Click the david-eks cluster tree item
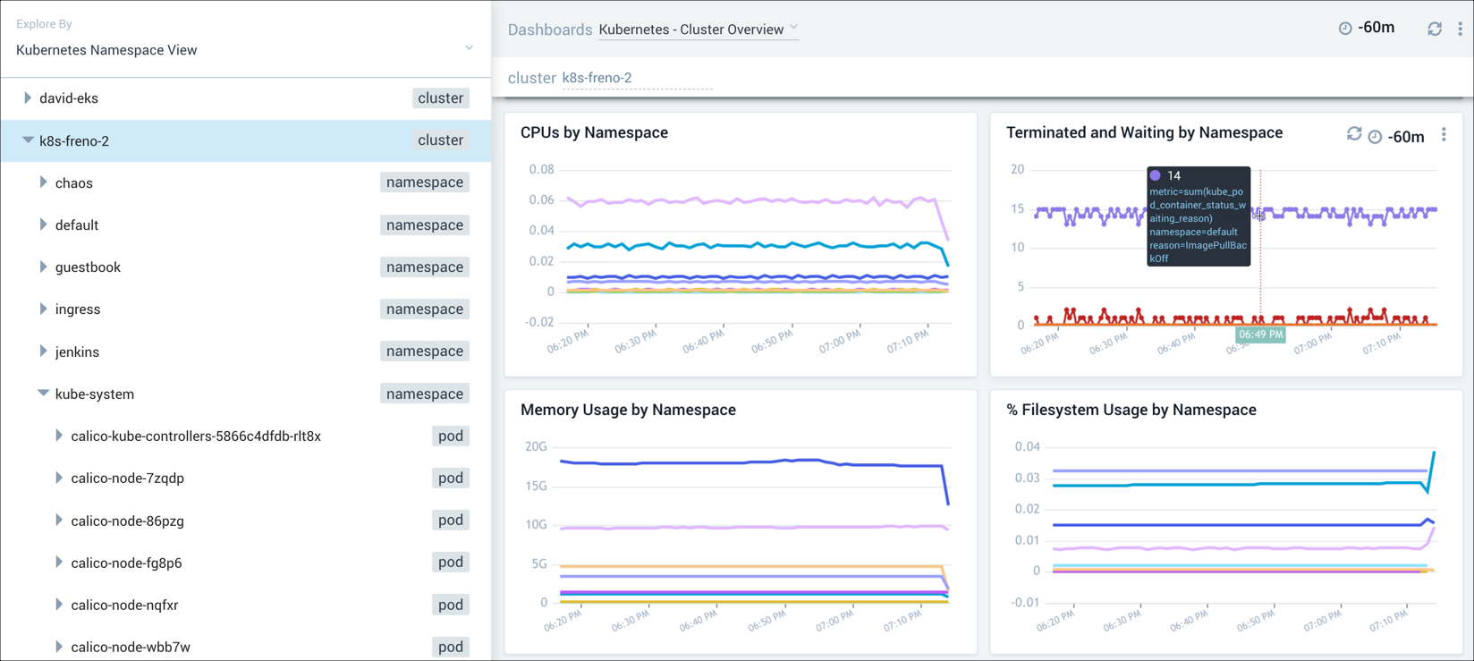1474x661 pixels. pos(69,98)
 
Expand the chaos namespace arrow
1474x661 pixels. pos(43,182)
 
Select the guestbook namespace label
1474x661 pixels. pos(88,267)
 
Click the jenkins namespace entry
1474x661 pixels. pos(77,352)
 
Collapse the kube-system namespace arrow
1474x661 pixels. pos(43,394)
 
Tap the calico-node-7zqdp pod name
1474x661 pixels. pos(127,479)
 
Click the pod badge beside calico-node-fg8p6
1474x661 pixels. pos(450,563)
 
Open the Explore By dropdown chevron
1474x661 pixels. pos(469,48)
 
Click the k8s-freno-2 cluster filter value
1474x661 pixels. pos(597,78)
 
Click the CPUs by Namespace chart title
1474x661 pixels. pos(594,132)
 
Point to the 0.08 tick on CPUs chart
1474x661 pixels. pos(541,169)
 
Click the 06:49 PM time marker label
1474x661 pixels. pos(1260,335)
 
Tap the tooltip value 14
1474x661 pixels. pos(1173,176)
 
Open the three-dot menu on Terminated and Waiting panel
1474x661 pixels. pos(1444,135)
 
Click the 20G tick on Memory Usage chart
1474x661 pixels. pos(536,446)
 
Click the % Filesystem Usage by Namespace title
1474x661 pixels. pos(1131,410)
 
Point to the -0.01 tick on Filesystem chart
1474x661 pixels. pos(1025,602)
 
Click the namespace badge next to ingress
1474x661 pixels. pos(424,309)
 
